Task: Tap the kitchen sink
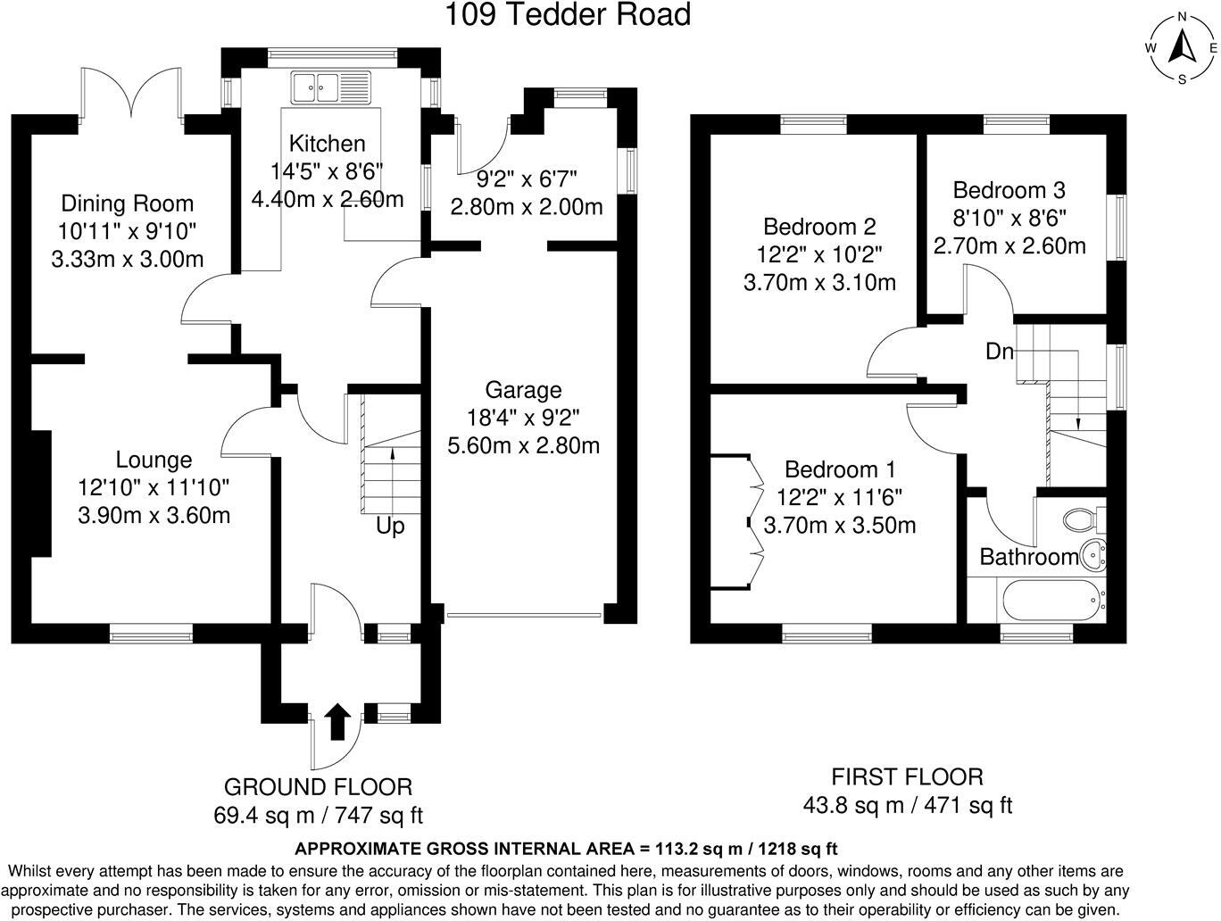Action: pyautogui.click(x=330, y=87)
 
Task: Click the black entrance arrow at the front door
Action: pyautogui.click(x=337, y=721)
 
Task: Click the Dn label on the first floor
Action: pyautogui.click(x=999, y=351)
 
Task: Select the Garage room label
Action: pyautogui.click(x=523, y=390)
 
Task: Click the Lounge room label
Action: pyautogui.click(x=154, y=460)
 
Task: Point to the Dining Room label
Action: pyautogui.click(x=128, y=203)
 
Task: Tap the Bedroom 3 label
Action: pyautogui.click(x=1009, y=190)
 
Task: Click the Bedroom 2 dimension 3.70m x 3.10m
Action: pyautogui.click(x=820, y=283)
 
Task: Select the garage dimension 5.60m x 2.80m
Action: pyautogui.click(x=524, y=446)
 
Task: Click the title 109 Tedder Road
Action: pyautogui.click(x=568, y=14)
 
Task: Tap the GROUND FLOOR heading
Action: pyautogui.click(x=318, y=787)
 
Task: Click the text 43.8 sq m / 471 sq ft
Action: pyautogui.click(x=907, y=805)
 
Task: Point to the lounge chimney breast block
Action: pyautogui.click(x=41, y=494)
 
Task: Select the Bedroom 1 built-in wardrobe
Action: pyautogui.click(x=736, y=522)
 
